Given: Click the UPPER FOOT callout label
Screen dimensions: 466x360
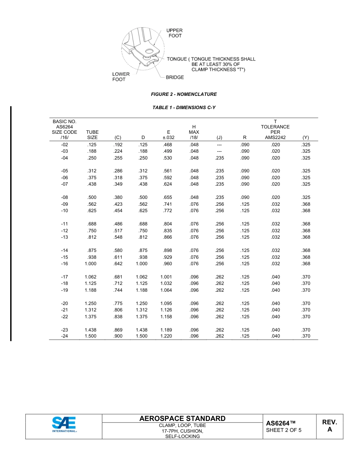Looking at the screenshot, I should [x=175, y=33].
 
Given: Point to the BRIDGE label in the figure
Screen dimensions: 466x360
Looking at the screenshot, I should [x=175, y=77].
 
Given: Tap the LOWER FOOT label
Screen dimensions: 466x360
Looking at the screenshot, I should [x=121, y=77].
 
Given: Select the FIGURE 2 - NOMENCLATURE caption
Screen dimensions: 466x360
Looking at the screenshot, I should [x=184, y=94].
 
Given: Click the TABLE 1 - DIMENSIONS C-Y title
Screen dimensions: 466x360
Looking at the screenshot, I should [x=184, y=108].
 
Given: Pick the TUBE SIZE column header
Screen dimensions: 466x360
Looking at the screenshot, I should [x=92, y=135].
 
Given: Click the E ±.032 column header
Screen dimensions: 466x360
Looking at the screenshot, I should [x=168, y=135].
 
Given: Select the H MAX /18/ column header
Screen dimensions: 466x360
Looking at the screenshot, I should [x=194, y=132].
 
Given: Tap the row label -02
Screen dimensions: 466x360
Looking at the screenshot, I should [x=64, y=145].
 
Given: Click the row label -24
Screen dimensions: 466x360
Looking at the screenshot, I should [x=64, y=336].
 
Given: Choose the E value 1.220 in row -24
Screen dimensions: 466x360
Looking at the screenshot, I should [x=166, y=336].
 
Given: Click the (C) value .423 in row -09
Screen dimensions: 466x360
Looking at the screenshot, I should [x=118, y=204].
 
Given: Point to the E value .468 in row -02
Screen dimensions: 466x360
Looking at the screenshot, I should [x=167, y=145].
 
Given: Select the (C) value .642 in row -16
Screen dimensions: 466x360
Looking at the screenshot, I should [x=118, y=264].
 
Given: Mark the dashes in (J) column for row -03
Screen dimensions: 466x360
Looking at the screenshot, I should [x=219, y=151].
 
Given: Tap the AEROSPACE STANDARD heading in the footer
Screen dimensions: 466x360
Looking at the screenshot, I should [x=182, y=419].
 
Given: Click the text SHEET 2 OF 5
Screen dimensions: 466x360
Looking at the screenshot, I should [x=284, y=430].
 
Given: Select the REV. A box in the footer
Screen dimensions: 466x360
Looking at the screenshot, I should [x=329, y=426].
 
